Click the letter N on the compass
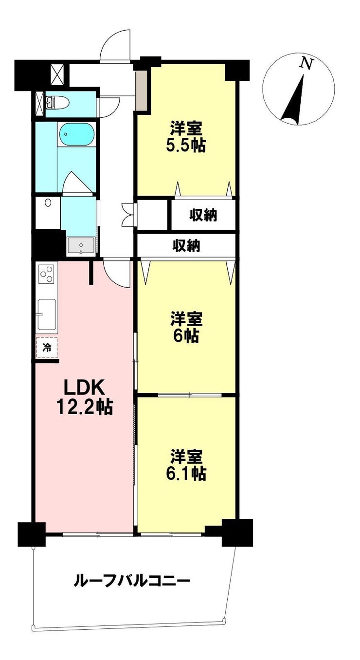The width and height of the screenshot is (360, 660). [306, 63]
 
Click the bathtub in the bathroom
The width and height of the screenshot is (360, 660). [76, 134]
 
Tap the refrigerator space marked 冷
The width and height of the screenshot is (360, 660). [47, 348]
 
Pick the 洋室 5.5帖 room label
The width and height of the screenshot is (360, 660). [186, 138]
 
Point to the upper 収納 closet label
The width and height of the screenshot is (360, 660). [203, 216]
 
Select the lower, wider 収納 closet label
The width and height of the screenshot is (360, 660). [186, 246]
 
